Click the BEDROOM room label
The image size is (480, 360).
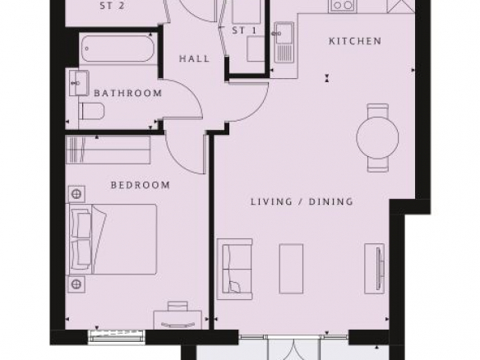pos(141,185)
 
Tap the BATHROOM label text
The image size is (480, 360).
pos(128,93)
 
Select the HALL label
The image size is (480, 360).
pos(195,58)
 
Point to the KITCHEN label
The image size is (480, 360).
pos(355,41)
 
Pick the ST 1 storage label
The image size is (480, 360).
pos(244,30)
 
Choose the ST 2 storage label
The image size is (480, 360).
pos(112,6)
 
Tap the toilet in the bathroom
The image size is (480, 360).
pos(91,110)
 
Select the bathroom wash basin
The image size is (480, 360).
pos(79,83)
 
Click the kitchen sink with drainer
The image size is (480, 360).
pos(284,42)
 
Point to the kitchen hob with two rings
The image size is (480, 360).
pos(343,6)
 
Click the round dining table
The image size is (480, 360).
pos(378,137)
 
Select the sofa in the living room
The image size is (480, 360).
pos(235,269)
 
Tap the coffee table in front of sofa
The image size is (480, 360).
pos(291,269)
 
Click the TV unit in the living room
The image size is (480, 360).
pos(375,269)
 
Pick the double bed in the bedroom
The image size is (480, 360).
pos(113,239)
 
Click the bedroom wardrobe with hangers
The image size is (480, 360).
pos(108,150)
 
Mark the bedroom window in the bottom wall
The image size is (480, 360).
pos(117,336)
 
